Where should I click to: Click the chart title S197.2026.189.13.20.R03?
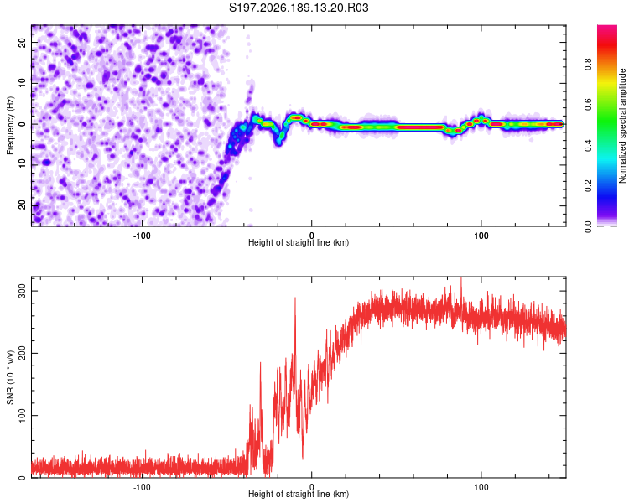point(299,8)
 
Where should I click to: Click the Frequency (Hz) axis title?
point(10,125)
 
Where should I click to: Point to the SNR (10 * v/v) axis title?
point(10,377)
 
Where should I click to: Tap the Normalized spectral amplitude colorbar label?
point(622,126)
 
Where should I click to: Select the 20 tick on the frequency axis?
point(22,42)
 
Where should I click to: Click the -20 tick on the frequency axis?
point(22,205)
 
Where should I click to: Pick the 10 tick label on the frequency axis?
point(22,83)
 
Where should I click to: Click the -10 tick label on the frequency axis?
point(22,165)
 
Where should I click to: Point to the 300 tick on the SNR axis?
point(22,291)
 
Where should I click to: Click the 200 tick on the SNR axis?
point(22,353)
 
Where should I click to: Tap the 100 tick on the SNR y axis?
point(22,415)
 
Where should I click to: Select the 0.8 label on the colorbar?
point(588,65)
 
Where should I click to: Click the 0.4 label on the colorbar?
point(588,146)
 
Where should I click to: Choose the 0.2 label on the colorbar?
point(588,186)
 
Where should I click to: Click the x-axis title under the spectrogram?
point(299,242)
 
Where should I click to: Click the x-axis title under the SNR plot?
point(299,494)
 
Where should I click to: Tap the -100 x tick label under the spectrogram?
point(142,236)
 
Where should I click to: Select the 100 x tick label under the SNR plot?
point(481,487)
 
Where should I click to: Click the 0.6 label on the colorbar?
point(588,105)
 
